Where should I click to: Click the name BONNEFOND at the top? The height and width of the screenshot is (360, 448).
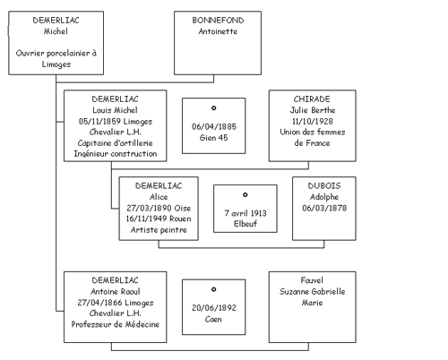218,21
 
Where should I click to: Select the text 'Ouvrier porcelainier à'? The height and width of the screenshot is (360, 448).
56,54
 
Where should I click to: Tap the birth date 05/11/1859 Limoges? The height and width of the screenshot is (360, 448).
116,122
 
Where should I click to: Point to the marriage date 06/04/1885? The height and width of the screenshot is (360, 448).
214,126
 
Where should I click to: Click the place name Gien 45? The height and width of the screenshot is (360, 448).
214,138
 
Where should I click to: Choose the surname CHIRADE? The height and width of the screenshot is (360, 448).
312,99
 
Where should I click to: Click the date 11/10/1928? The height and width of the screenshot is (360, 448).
312,121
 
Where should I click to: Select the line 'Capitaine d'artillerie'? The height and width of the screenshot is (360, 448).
116,143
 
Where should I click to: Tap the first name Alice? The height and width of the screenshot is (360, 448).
159,197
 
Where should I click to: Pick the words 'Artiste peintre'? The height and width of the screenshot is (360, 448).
159,230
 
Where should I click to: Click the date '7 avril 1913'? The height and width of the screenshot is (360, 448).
246,213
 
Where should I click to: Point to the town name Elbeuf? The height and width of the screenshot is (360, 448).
246,224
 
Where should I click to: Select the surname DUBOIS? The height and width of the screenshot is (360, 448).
324,186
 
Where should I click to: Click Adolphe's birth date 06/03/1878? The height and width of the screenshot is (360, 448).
324,208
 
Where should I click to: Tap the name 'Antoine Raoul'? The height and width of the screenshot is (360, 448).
116,291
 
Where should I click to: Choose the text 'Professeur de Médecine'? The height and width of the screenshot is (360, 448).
116,324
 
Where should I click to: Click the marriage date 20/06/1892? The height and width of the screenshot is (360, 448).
214,308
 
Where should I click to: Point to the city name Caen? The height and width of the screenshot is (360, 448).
213,319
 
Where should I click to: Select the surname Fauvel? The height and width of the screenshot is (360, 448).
312,280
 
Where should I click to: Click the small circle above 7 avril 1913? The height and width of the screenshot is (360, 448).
246,195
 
